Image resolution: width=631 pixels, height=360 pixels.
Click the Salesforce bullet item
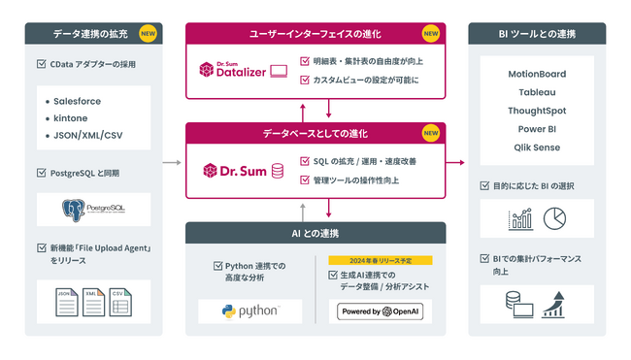click(77, 101)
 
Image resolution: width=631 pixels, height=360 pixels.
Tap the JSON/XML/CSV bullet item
click(86, 136)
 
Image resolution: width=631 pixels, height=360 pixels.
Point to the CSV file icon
click(119, 302)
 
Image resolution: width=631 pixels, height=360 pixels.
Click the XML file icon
click(94, 302)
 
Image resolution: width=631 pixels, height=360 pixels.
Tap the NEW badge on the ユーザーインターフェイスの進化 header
click(430, 33)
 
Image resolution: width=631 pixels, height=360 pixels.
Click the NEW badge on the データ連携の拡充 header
click(148, 33)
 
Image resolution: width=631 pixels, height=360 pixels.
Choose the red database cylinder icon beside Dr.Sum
click(278, 172)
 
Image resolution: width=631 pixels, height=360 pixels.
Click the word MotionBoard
click(537, 74)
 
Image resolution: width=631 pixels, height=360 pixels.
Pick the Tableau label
click(537, 92)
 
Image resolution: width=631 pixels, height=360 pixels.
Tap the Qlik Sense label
click(537, 147)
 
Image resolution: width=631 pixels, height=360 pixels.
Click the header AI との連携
click(315, 233)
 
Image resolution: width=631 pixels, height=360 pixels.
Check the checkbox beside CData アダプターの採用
click(39, 66)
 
